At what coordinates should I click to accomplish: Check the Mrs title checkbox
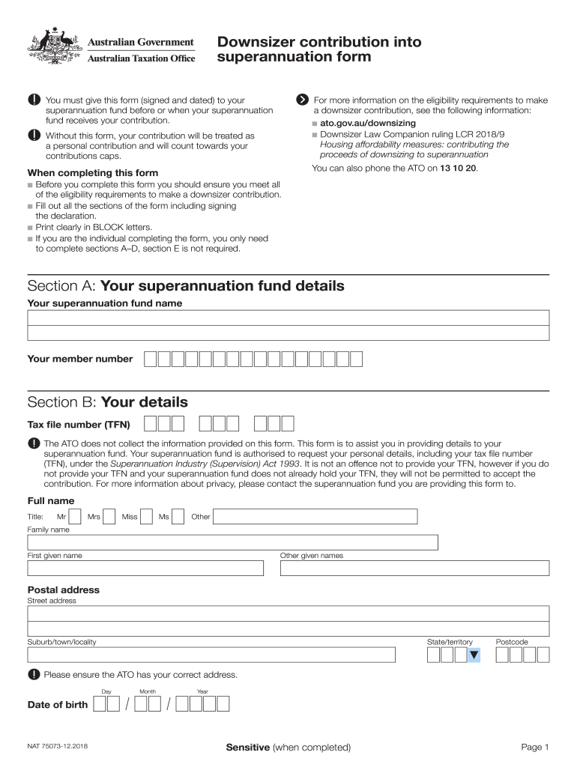tap(109, 516)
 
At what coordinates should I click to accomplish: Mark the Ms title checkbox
tap(178, 516)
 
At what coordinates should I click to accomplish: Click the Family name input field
tap(232, 543)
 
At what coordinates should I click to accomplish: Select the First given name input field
tap(145, 569)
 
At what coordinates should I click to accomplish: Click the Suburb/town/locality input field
tap(211, 655)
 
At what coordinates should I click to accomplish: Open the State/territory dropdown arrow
tap(474, 655)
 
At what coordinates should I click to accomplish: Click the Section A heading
tap(186, 286)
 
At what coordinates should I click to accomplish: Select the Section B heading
tap(108, 402)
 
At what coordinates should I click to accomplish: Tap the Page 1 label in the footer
tap(535, 747)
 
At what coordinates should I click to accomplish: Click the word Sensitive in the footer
tap(247, 747)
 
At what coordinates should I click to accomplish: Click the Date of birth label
tap(57, 705)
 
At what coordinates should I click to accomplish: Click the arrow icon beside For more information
tap(302, 100)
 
